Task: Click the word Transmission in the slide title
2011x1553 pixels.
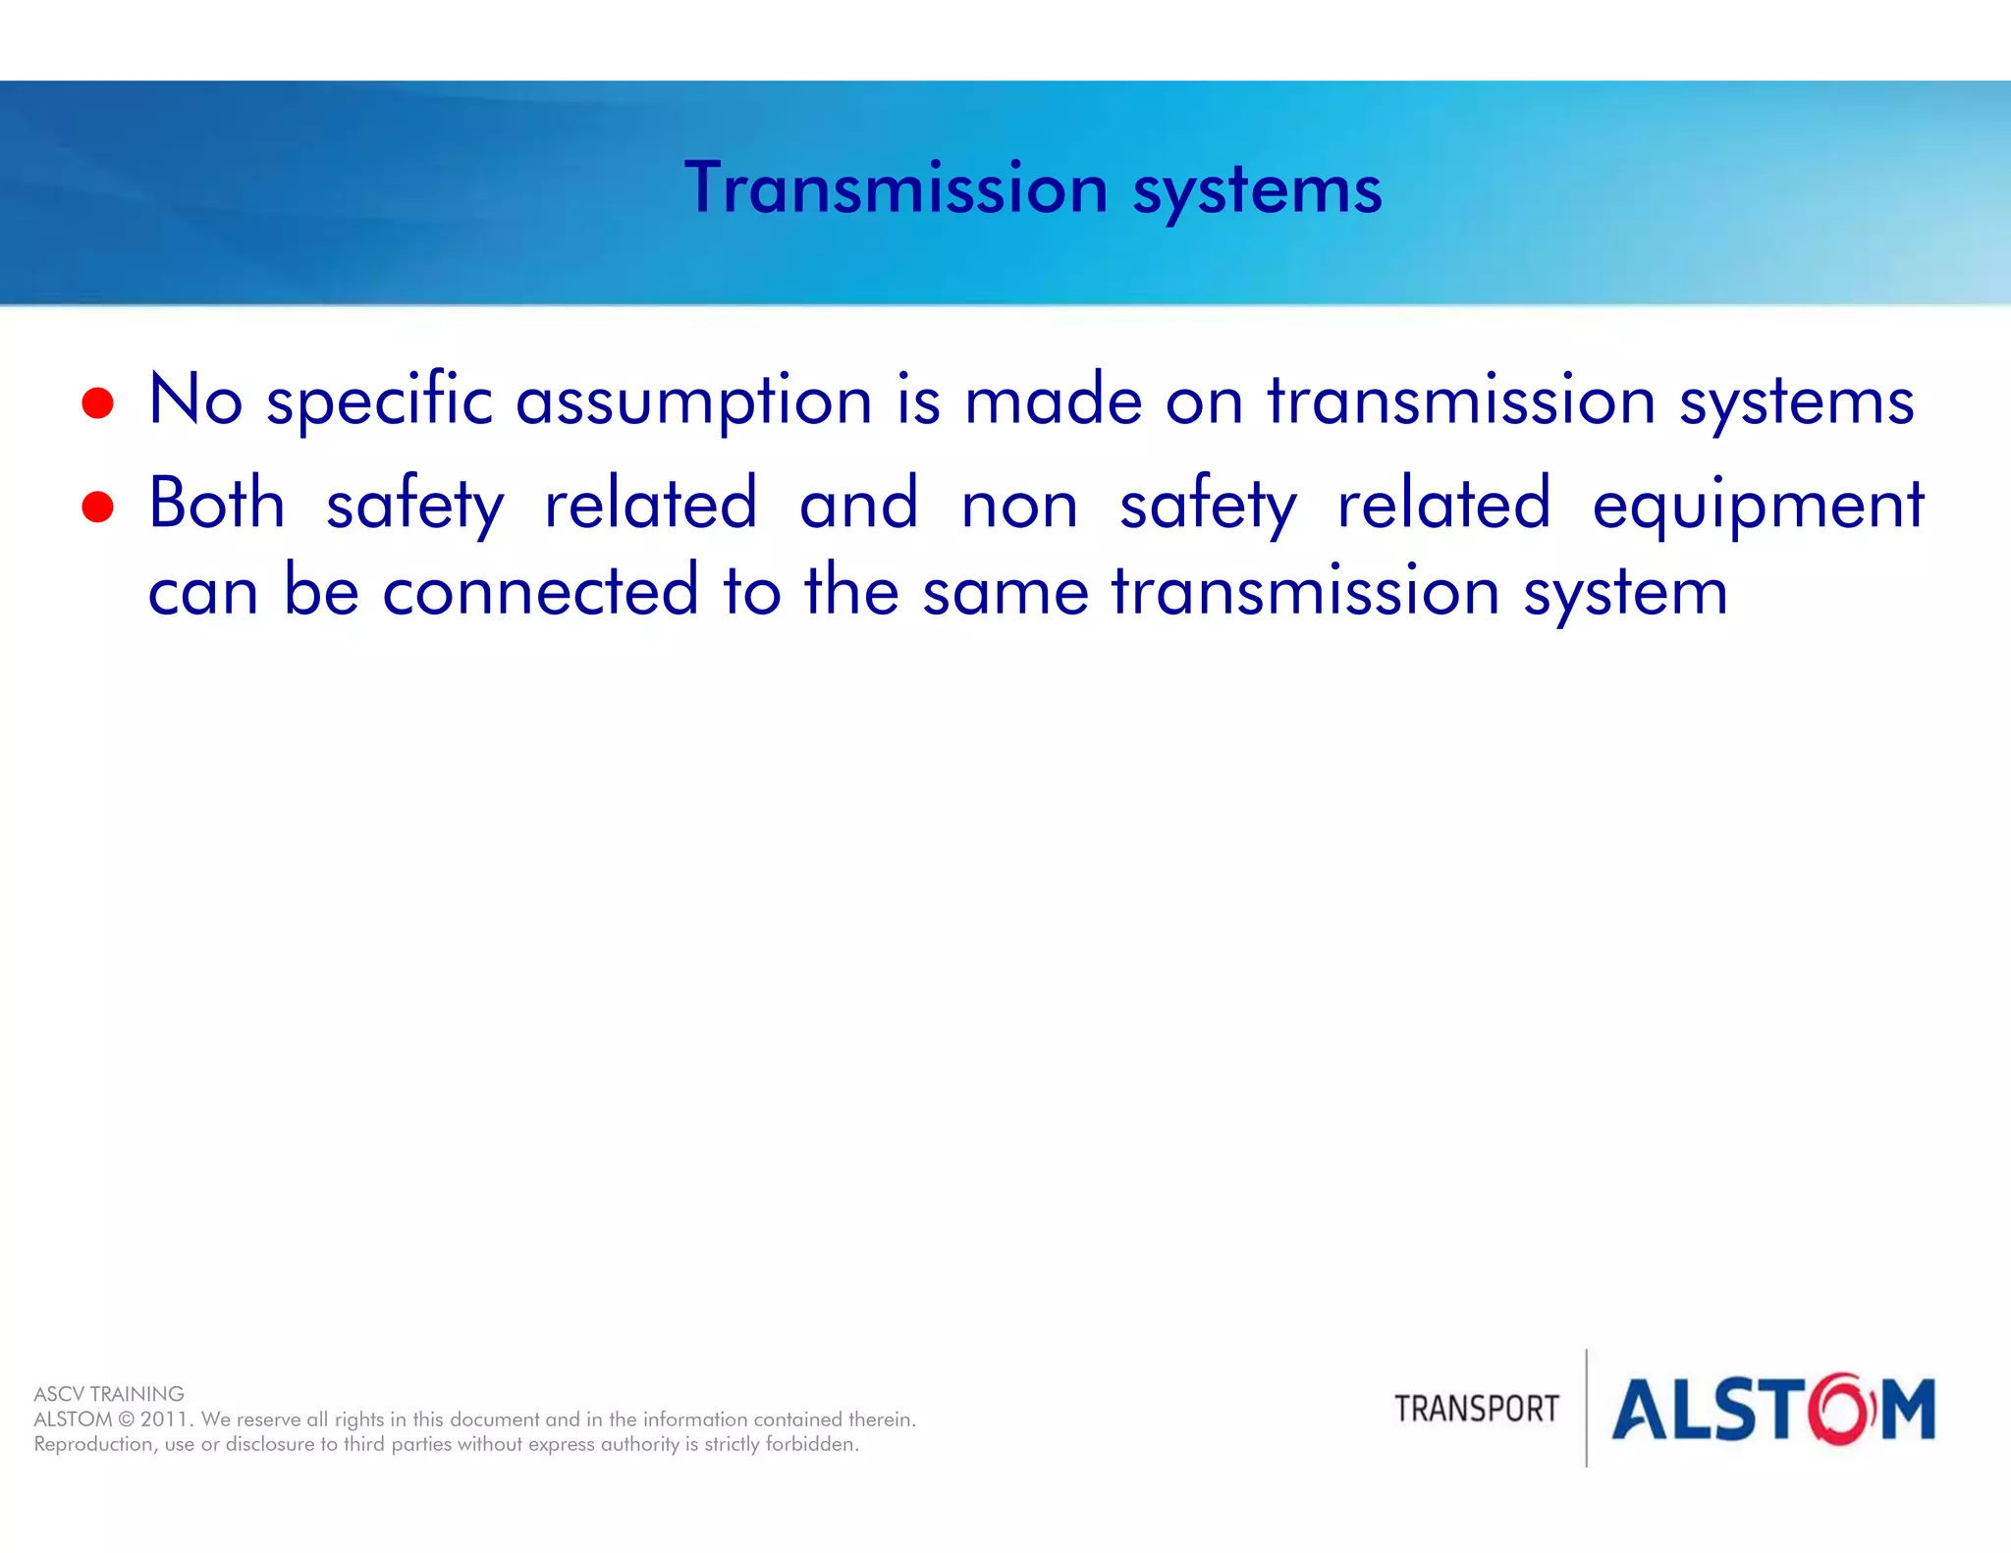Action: tap(896, 188)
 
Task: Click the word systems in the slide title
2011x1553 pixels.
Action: tap(1257, 191)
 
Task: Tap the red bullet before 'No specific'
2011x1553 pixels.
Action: tap(98, 403)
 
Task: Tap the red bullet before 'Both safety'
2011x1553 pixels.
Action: tap(98, 508)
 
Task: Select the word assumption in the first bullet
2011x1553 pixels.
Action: tap(693, 402)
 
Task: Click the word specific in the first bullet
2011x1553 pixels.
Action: tap(379, 402)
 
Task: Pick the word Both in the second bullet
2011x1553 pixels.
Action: tap(217, 505)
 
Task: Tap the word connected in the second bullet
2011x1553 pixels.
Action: tap(540, 591)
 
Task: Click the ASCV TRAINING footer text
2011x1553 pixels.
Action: tap(109, 1394)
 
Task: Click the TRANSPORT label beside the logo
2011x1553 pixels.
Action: tap(1476, 1409)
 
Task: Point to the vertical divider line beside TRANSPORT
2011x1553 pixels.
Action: tap(1587, 1409)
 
